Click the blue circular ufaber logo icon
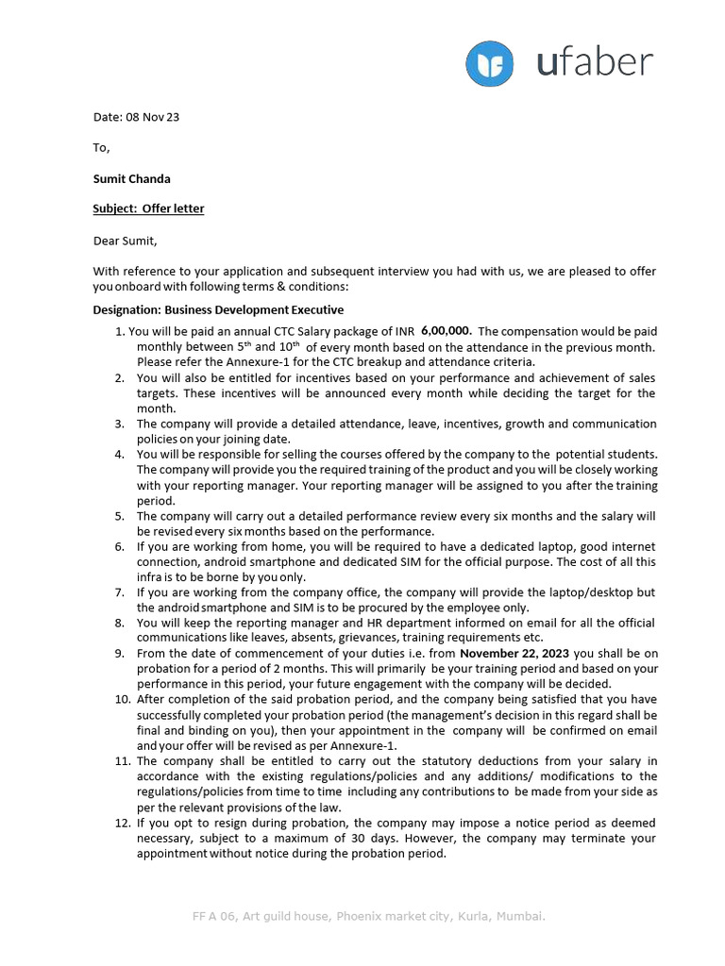tap(490, 64)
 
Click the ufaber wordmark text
tap(594, 62)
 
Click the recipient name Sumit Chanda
tap(131, 178)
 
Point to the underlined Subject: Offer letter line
tap(148, 208)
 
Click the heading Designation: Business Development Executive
tap(218, 309)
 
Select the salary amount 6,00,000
tap(447, 331)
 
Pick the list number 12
tap(122, 823)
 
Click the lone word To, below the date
tap(101, 147)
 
